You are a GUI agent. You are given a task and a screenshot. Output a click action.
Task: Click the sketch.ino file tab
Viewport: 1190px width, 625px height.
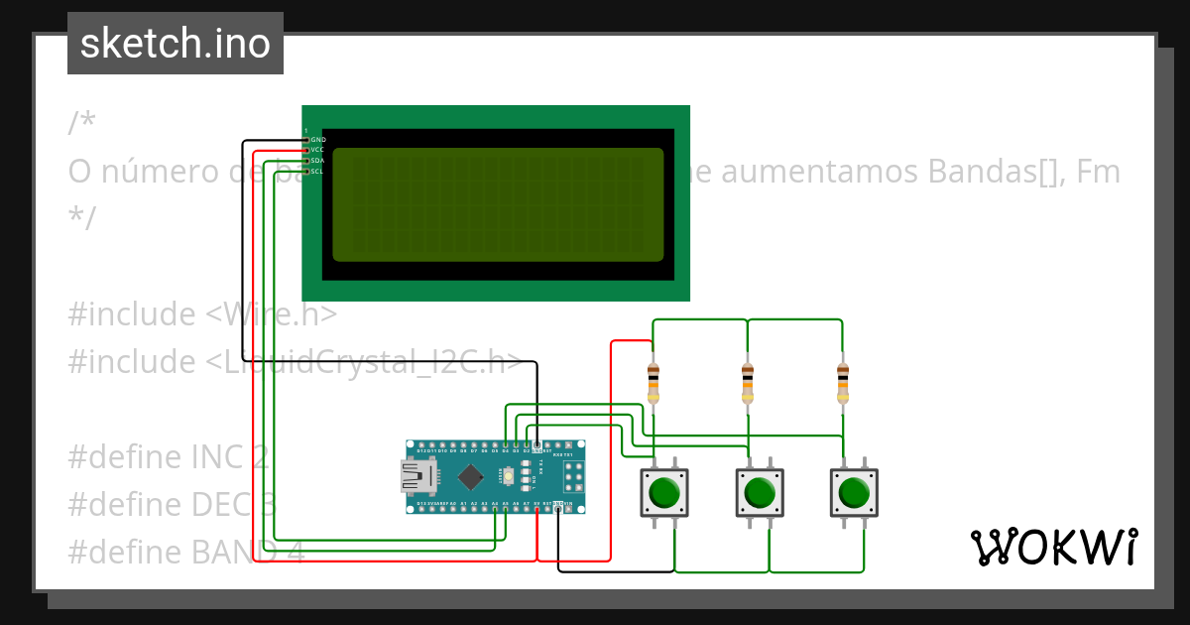[x=176, y=44]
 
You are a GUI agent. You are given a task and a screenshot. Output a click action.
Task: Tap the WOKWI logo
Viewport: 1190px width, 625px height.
[x=1053, y=547]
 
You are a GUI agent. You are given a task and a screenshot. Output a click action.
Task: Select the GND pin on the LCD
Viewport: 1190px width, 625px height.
[x=307, y=140]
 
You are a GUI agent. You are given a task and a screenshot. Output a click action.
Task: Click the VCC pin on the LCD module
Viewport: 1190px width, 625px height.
[x=307, y=151]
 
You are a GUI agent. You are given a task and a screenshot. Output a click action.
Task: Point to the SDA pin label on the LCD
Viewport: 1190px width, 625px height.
[x=317, y=161]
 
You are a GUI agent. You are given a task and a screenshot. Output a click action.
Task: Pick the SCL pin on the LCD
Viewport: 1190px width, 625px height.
[x=307, y=172]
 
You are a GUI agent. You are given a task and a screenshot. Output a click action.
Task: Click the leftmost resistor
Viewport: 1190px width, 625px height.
[x=653, y=383]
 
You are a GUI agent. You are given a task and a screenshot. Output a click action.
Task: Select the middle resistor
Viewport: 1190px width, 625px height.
[x=748, y=383]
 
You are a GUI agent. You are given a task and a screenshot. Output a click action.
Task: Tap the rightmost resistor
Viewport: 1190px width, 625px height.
[x=842, y=383]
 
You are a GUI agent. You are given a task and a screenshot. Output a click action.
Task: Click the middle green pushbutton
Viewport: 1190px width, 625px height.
[x=760, y=492]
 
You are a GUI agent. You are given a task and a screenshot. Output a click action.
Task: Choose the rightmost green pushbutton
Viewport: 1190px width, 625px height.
[x=854, y=492]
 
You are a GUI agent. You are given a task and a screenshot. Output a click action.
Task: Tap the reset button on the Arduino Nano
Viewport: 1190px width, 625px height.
[x=508, y=477]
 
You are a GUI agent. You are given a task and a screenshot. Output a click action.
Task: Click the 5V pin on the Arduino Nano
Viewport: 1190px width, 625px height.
[x=536, y=505]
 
